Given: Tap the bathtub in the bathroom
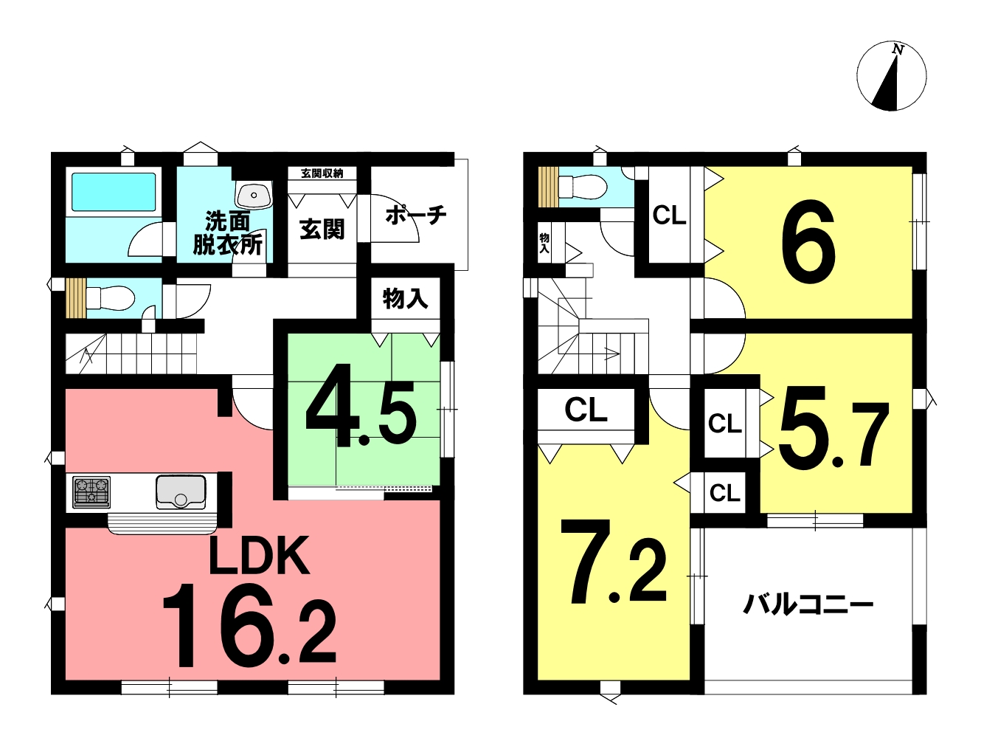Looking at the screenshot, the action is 114,192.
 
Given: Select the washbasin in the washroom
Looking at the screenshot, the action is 254,196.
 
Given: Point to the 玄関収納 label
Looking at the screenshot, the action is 322,173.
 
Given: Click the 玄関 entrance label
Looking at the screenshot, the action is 322,230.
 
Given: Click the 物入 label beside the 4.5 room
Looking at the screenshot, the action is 406,298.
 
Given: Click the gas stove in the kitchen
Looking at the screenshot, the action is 91,492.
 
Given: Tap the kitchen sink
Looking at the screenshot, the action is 181,492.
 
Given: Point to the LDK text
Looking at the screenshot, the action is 259,556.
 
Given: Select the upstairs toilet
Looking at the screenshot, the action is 581,187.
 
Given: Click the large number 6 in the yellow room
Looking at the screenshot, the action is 808,242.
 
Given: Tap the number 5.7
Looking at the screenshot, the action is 833,434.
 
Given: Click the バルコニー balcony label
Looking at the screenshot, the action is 808,605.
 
